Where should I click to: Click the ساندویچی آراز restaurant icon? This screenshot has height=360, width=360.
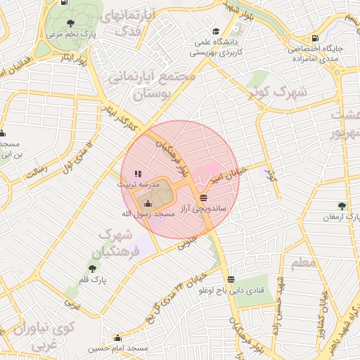pyautogui.click(x=203, y=198)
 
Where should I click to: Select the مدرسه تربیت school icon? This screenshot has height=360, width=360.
pyautogui.click(x=139, y=173)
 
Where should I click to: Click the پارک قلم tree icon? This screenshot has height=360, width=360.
pyautogui.click(x=93, y=269)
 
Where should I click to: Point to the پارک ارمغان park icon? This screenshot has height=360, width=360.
pyautogui.click(x=342, y=206)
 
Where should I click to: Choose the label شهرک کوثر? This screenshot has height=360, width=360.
pyautogui.click(x=279, y=93)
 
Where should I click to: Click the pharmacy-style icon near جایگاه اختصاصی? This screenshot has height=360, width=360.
pyautogui.click(x=314, y=38)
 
